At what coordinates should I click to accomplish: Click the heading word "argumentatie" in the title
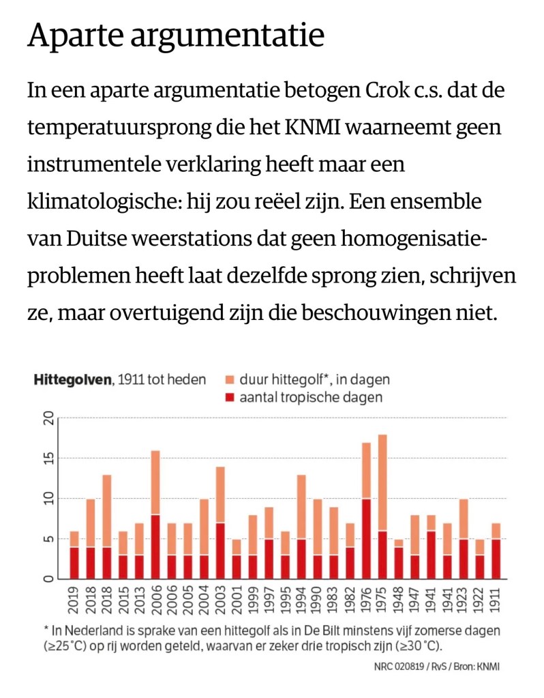[234, 35]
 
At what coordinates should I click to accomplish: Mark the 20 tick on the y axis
[47, 418]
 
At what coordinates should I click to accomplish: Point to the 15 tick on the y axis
[47, 458]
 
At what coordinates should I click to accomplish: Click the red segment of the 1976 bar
[366, 539]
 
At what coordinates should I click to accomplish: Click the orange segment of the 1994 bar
[301, 507]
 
